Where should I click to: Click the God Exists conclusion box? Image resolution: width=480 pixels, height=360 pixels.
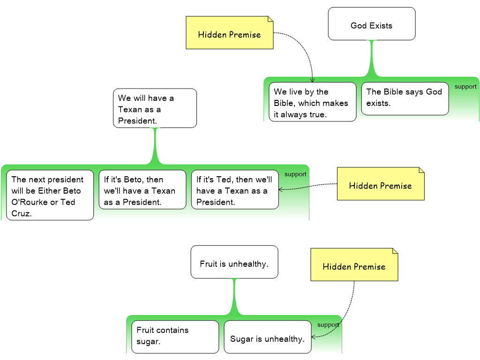[371, 23]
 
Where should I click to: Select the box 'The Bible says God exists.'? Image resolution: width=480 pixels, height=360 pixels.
[405, 98]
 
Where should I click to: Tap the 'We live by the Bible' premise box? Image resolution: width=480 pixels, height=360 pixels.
[312, 102]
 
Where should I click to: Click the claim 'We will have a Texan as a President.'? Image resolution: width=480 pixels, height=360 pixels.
[155, 108]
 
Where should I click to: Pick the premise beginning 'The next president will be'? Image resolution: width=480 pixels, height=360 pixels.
[50, 195]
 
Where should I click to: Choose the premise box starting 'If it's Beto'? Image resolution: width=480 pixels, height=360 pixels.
[142, 189]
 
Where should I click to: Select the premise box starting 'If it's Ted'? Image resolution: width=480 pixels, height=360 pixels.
[234, 189]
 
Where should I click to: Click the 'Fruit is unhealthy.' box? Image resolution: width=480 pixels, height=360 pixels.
[234, 262]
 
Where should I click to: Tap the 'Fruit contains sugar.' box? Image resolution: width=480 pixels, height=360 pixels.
[175, 336]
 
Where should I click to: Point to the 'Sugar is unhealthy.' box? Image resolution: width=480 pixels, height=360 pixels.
[267, 337]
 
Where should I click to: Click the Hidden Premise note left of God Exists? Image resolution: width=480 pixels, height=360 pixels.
[229, 33]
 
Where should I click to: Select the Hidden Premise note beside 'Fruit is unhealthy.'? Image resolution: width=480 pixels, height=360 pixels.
[354, 265]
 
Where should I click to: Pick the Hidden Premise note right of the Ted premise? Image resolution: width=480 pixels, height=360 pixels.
[380, 184]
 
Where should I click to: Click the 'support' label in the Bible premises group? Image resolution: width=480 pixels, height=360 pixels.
[465, 87]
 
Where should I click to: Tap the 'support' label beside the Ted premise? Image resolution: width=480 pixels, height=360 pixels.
[295, 174]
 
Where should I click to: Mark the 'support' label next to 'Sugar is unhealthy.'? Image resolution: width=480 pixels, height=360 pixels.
[328, 325]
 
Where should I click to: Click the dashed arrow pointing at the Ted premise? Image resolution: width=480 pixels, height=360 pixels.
[294, 188]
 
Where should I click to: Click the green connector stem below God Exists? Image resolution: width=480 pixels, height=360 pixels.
[372, 59]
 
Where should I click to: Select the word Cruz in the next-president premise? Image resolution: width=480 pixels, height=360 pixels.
[22, 214]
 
